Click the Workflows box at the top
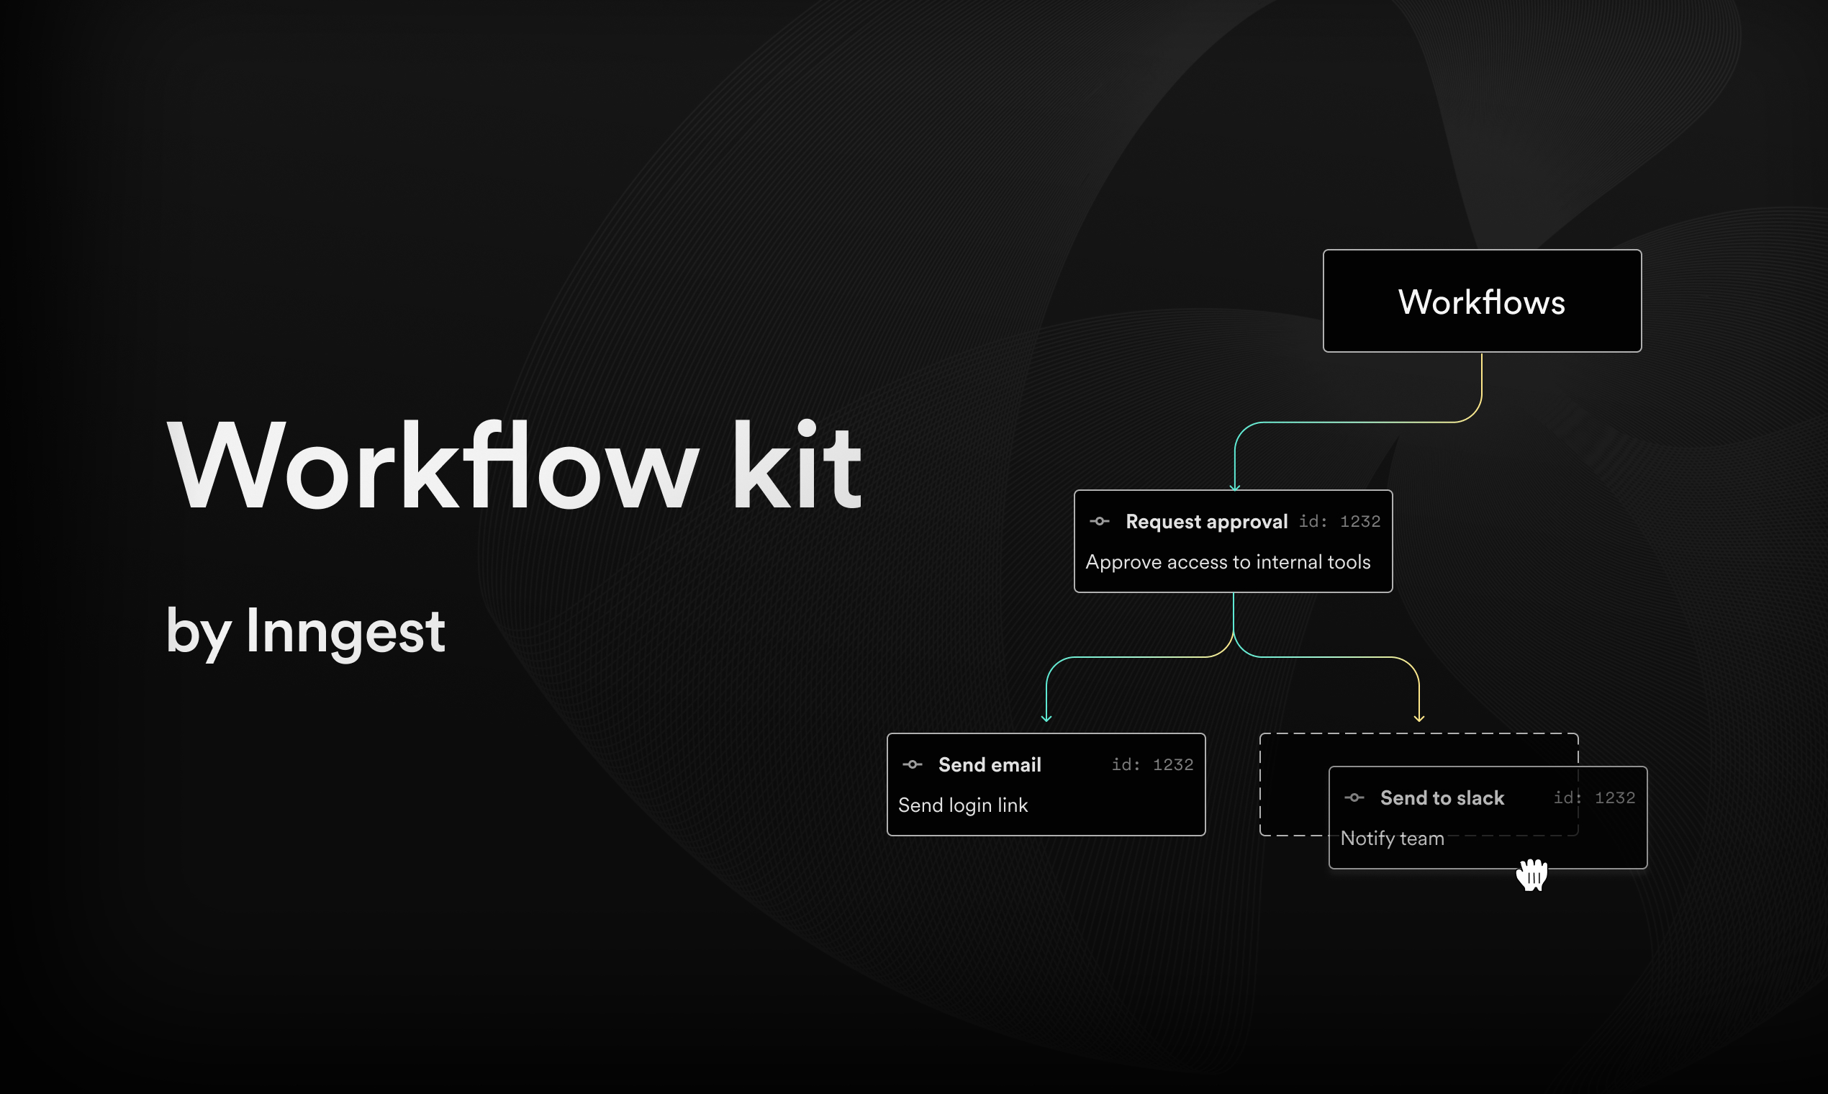(x=1482, y=301)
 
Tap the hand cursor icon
(x=1531, y=875)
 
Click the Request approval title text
(x=1206, y=522)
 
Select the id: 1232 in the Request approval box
(x=1339, y=522)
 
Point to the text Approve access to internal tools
(x=1227, y=563)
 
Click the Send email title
(x=989, y=765)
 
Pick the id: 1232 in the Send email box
(x=1152, y=765)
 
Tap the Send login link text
(x=963, y=806)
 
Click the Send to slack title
(x=1442, y=798)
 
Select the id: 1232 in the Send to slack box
(x=1594, y=798)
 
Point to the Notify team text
(x=1392, y=839)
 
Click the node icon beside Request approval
(x=1099, y=522)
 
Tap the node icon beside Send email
(x=912, y=765)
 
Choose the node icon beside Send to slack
(x=1354, y=798)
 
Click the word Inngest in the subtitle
(x=345, y=632)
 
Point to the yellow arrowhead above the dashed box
(x=1419, y=718)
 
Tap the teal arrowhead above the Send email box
(x=1046, y=718)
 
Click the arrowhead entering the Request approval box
(x=1235, y=487)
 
